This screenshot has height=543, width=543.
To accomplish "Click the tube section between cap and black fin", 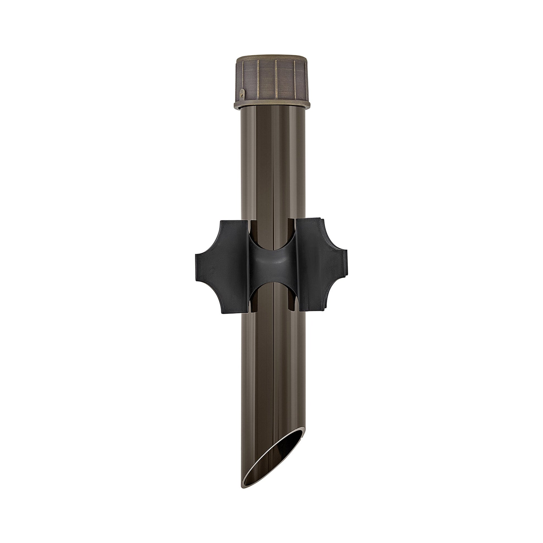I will pos(271,163).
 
